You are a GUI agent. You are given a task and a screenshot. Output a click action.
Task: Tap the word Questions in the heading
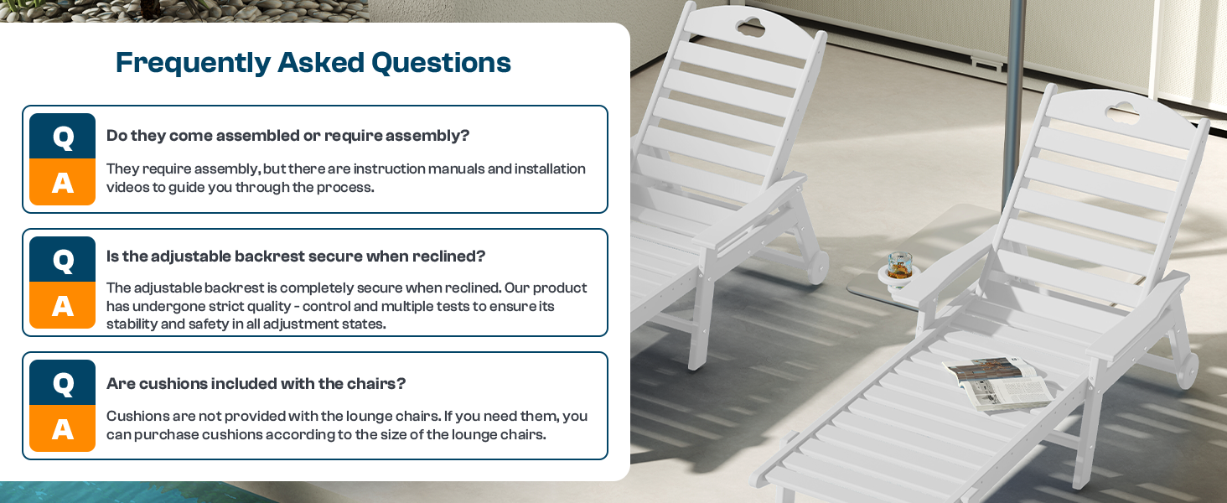(441, 63)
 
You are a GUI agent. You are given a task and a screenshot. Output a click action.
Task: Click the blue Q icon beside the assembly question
(63, 136)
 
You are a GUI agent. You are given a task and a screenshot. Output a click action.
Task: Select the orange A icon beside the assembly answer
(63, 182)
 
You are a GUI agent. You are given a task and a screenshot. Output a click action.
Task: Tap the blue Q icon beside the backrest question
(63, 259)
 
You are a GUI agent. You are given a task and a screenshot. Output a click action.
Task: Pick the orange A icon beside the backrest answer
(63, 305)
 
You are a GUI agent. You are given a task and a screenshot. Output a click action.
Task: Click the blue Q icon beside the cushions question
(63, 382)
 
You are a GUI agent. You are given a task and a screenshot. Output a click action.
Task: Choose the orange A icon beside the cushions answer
(63, 428)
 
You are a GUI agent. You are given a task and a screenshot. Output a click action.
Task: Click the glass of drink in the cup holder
(900, 267)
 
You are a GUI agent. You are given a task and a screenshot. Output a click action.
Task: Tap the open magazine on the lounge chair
(997, 384)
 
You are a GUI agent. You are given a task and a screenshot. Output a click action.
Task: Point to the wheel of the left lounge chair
(816, 267)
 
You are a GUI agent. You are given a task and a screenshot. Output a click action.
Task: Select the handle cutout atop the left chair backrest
(750, 26)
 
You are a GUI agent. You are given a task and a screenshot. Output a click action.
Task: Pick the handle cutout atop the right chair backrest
(1122, 113)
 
